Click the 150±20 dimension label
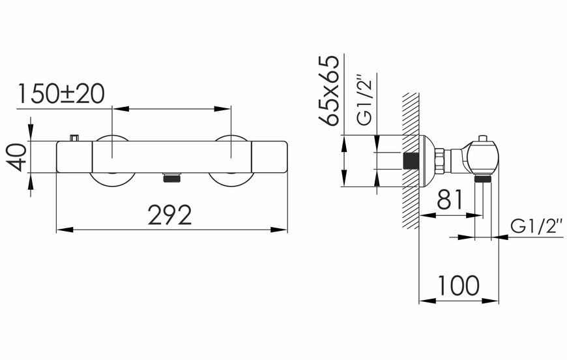(61, 94)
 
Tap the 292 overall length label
(169, 215)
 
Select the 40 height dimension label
(17, 157)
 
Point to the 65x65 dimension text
(328, 90)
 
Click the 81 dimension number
(450, 200)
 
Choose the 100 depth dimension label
(459, 286)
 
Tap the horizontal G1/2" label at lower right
(536, 226)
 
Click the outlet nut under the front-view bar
(171, 177)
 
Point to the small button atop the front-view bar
(74, 138)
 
